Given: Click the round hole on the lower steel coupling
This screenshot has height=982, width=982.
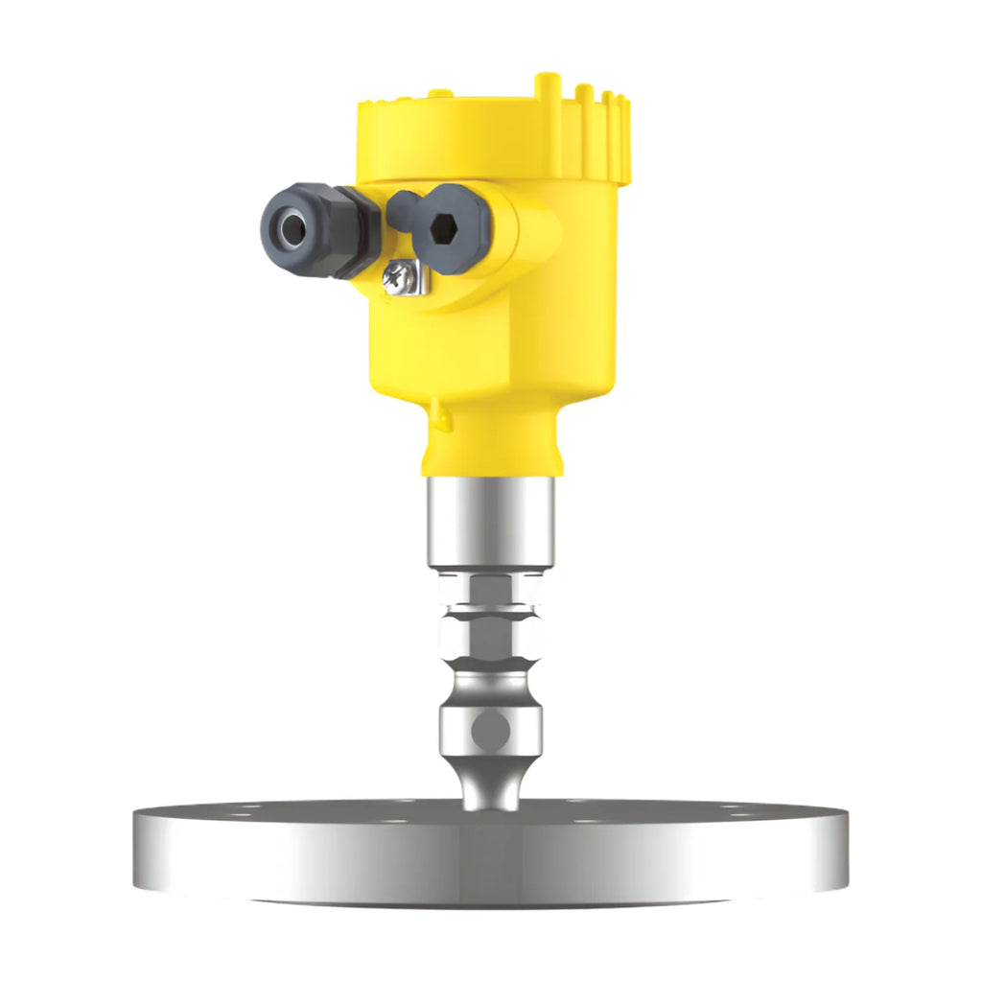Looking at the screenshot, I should point(489,731).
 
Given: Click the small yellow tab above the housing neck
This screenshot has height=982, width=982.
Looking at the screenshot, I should point(438,415).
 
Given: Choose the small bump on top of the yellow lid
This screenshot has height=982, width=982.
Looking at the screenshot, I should point(440,94).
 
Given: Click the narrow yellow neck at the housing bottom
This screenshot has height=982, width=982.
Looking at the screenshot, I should point(490,451).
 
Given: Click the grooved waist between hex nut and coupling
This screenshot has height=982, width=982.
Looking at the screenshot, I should point(490,681).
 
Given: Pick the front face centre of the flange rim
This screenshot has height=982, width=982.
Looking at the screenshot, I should point(490,858).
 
